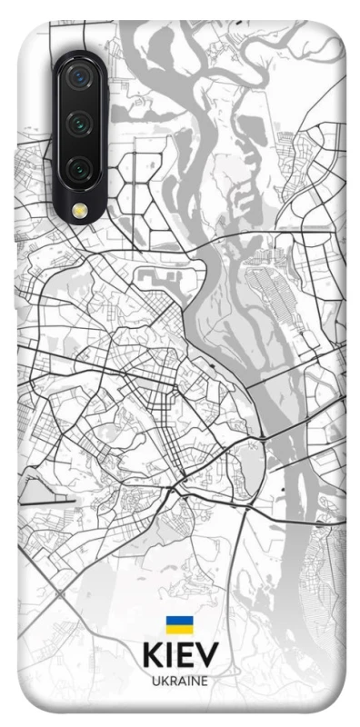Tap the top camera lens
pos(79,79)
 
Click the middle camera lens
pos(79,124)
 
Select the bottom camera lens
pos(79,167)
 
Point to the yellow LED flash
pos(79,211)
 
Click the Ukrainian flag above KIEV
pos(179,624)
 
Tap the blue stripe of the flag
pos(179,620)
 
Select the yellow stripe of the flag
pos(179,629)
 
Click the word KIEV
pos(180,658)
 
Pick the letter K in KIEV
pos(152,658)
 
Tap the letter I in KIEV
pos(168,658)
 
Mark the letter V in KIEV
pos(206,658)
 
